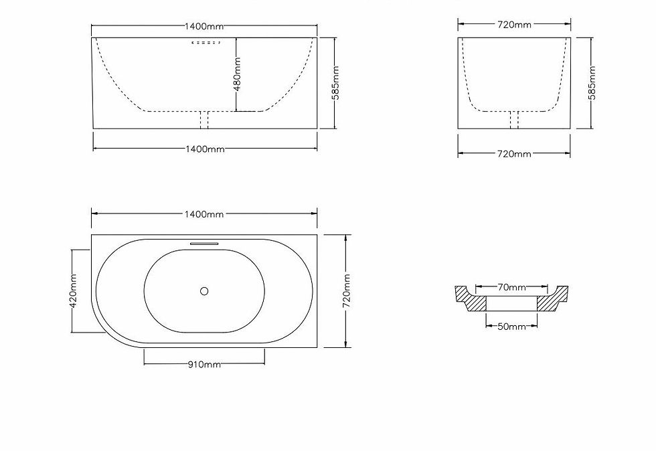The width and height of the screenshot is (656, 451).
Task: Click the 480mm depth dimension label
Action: [237, 74]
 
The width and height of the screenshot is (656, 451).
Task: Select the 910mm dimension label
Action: [204, 365]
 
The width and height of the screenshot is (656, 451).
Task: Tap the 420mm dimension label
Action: [73, 291]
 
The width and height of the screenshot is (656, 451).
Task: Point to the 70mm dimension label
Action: [511, 288]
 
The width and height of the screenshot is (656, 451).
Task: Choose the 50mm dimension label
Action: [511, 327]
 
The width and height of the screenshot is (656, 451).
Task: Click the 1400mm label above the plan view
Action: [204, 214]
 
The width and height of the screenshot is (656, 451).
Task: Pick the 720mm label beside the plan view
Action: [347, 291]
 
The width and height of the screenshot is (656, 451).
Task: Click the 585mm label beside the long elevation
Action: [335, 83]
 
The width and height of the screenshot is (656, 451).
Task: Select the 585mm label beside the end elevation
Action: [592, 83]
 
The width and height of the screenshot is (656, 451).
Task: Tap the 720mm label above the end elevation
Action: [514, 25]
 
